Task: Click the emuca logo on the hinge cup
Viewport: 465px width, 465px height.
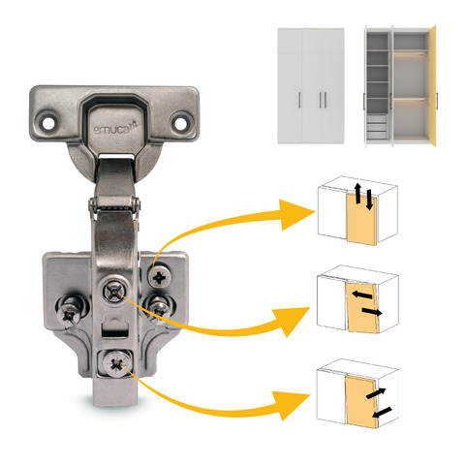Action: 115,129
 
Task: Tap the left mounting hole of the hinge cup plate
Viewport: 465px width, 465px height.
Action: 47,122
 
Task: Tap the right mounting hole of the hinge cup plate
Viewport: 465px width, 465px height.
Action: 179,122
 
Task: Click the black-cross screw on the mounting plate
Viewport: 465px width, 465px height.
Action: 159,277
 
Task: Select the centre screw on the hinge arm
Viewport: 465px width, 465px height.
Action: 114,291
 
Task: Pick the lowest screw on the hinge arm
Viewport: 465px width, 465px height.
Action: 115,364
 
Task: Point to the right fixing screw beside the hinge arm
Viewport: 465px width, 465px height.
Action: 159,307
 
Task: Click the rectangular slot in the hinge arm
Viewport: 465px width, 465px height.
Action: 115,332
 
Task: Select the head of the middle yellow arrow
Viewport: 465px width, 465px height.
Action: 292,322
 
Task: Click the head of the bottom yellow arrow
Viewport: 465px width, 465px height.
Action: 292,406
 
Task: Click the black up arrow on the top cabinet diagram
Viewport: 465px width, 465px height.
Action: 357,193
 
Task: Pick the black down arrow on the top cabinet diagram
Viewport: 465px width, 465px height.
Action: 369,200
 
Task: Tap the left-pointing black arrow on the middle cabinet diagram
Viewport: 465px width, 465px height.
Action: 361,294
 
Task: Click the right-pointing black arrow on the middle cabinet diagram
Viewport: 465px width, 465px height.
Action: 372,312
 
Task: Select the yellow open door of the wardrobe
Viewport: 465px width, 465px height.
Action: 432,86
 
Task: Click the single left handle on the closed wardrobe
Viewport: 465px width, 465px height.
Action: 300,100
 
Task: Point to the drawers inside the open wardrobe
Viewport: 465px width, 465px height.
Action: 377,126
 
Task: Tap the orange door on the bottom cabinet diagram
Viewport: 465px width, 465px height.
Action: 361,402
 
